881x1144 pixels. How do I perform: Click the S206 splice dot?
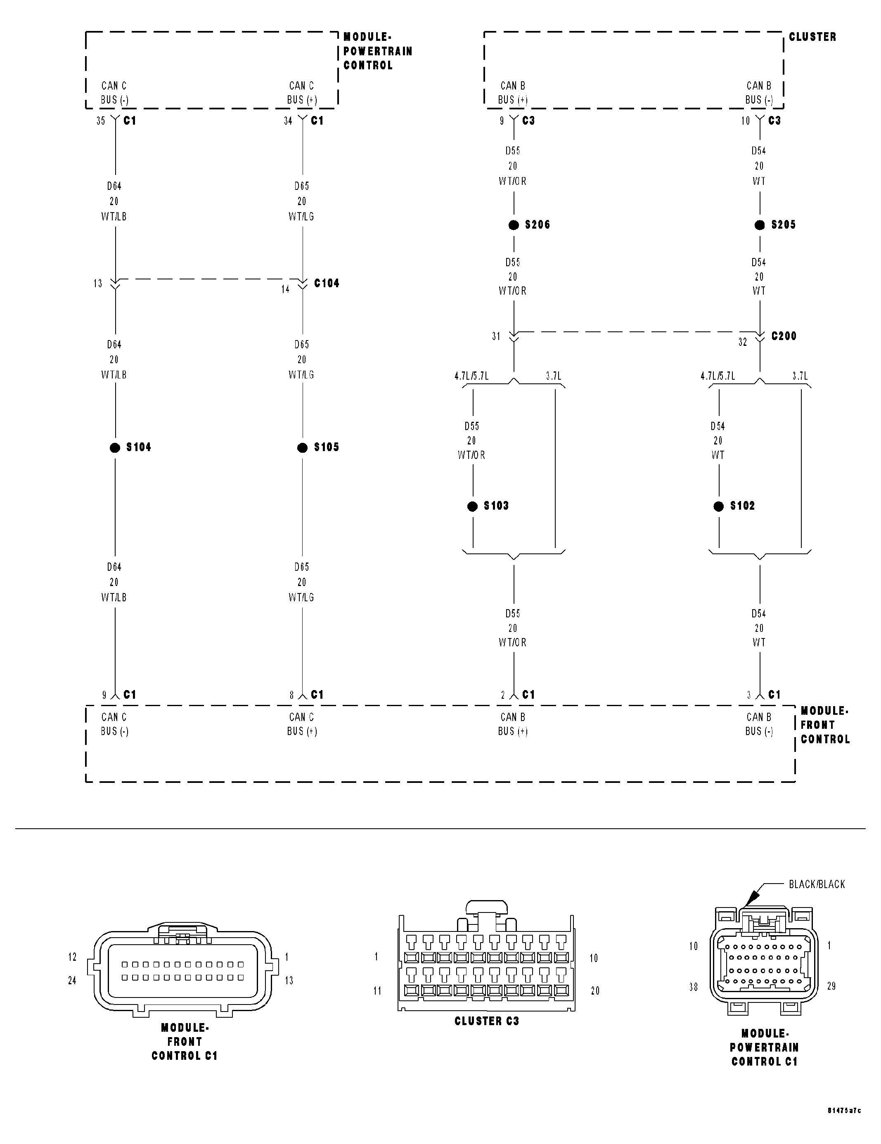point(514,225)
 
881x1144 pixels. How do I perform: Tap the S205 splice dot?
point(759,225)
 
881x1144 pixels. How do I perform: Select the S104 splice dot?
point(115,448)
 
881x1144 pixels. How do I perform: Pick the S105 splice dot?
point(302,448)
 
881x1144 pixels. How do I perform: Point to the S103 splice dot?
point(473,506)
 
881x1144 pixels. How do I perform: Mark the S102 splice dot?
point(718,506)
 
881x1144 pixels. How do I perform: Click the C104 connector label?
point(327,284)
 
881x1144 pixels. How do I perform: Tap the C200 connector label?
point(784,336)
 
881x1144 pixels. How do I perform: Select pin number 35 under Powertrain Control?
point(101,121)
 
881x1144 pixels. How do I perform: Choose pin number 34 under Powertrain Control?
point(288,121)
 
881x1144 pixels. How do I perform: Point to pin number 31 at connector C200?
point(496,337)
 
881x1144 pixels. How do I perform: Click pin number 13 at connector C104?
point(98,284)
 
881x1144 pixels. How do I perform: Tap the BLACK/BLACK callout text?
point(817,884)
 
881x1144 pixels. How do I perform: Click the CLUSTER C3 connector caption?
point(486,1021)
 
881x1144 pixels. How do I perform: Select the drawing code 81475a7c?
point(844,1125)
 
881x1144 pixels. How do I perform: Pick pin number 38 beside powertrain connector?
point(694,987)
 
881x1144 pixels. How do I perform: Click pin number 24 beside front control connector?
point(72,981)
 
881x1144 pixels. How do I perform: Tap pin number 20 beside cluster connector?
point(595,990)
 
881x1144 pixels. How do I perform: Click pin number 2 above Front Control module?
point(502,695)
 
